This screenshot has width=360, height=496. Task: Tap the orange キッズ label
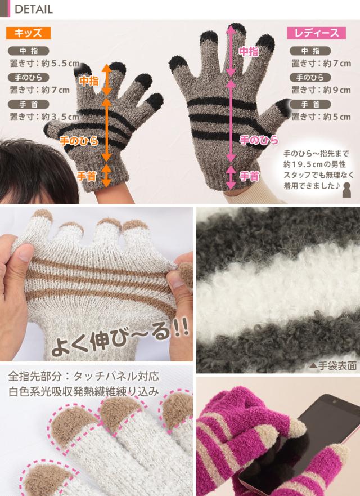pyautogui.click(x=28, y=33)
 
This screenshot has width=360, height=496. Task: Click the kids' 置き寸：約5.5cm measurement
pyautogui.click(x=44, y=63)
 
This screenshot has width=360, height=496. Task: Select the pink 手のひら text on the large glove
pyautogui.click(x=252, y=139)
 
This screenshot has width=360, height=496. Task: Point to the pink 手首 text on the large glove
pyautogui.click(x=249, y=176)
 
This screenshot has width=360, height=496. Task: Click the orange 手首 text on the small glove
pyautogui.click(x=87, y=176)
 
